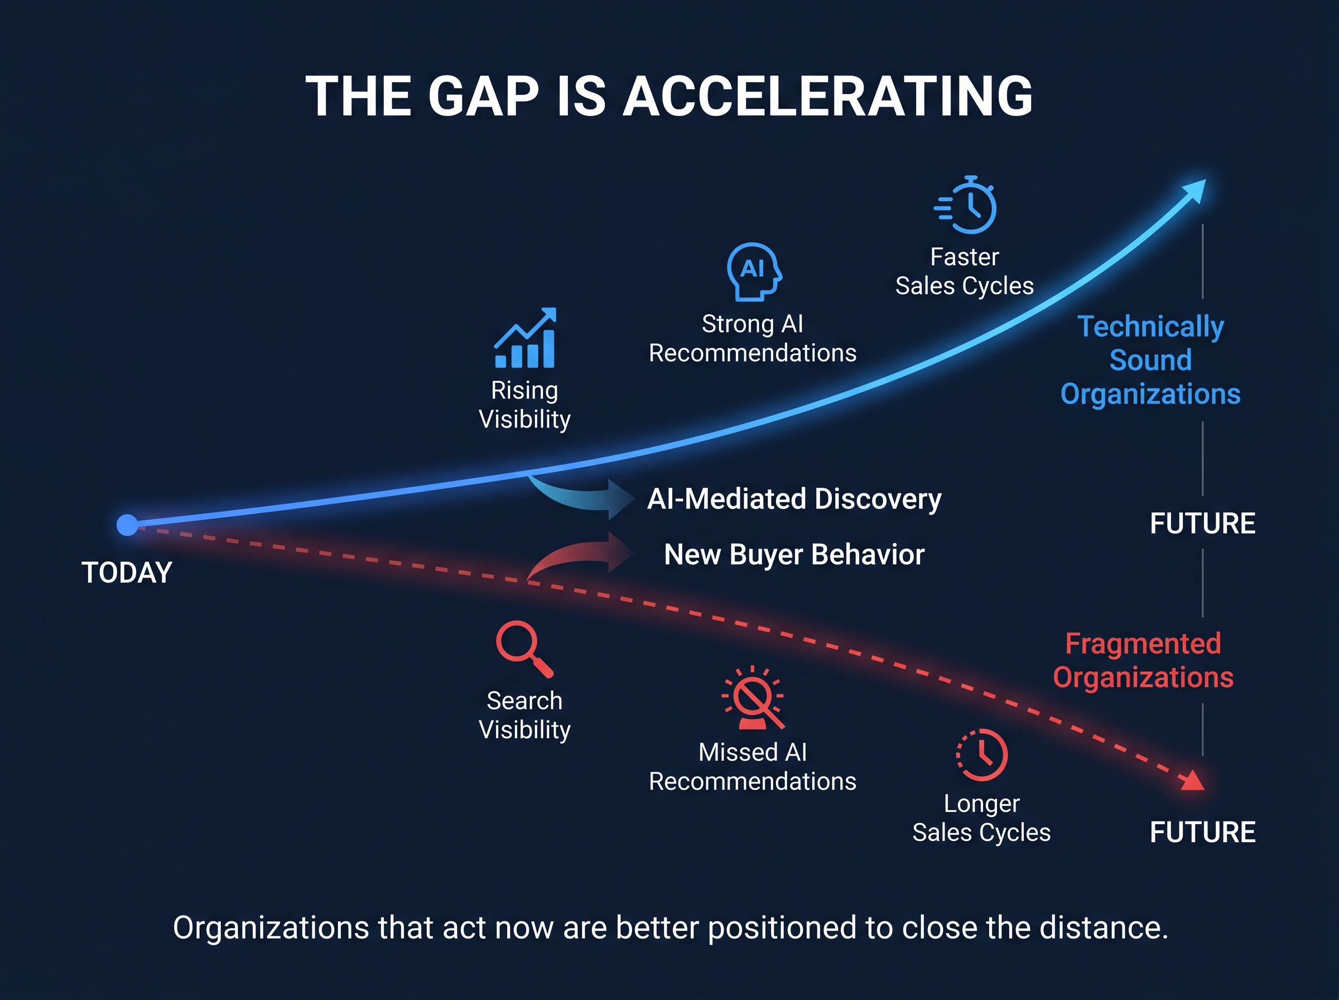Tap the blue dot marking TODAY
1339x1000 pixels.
pyautogui.click(x=127, y=525)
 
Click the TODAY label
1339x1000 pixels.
pyautogui.click(x=127, y=573)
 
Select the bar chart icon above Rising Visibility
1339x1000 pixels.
pyautogui.click(x=525, y=338)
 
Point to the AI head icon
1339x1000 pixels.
pyautogui.click(x=754, y=272)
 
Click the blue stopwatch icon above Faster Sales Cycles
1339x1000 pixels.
pyautogui.click(x=966, y=205)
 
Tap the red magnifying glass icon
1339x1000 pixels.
pyautogui.click(x=524, y=649)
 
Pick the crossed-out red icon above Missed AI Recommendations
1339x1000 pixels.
pyautogui.click(x=753, y=698)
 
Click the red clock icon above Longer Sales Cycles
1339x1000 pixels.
pyautogui.click(x=982, y=755)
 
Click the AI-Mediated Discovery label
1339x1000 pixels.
pyautogui.click(x=794, y=499)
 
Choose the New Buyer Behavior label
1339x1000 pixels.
pyautogui.click(x=794, y=555)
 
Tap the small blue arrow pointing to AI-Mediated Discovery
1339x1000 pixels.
pyautogui.click(x=584, y=498)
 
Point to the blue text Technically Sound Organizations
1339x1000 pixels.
pyautogui.click(x=1151, y=360)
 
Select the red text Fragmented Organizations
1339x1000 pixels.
pyautogui.click(x=1143, y=660)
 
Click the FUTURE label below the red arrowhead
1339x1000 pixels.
pyautogui.click(x=1203, y=833)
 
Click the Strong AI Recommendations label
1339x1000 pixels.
pyautogui.click(x=753, y=338)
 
